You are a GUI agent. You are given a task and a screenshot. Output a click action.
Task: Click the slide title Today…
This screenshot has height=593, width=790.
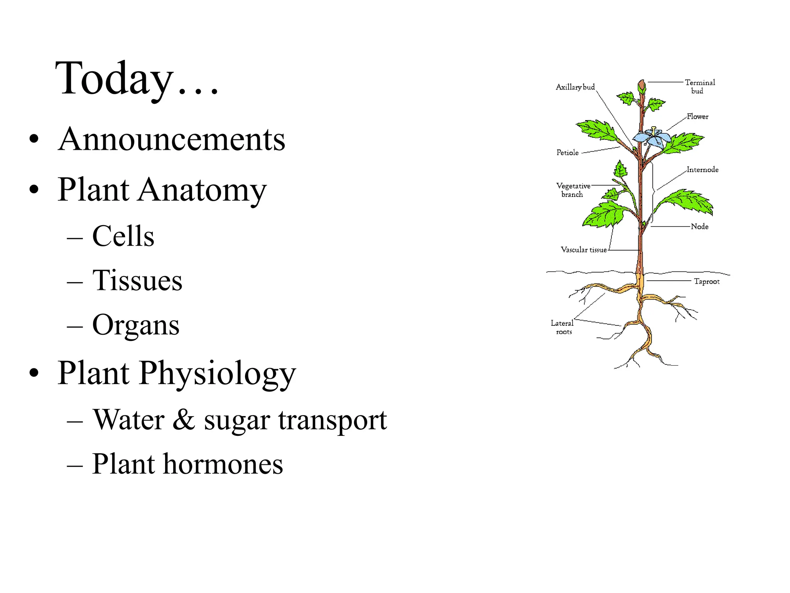tap(137, 80)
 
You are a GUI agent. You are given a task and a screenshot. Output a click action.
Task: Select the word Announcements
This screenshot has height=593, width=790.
tap(172, 139)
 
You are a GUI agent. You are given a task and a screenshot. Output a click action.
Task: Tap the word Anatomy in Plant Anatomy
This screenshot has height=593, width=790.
tap(202, 190)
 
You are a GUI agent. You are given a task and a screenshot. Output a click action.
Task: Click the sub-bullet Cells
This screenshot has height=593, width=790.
tap(123, 236)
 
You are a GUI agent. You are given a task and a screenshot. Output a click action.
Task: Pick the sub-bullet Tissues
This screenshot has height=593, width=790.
tap(137, 280)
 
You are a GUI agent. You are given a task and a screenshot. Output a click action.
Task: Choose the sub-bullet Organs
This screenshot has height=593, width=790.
tap(136, 325)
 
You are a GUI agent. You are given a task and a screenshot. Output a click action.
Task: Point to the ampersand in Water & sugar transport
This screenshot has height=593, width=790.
tap(184, 420)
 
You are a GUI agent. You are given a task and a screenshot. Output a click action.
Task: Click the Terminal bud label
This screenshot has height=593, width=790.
tap(699, 86)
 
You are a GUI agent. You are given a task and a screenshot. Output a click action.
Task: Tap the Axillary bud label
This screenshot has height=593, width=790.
tap(575, 87)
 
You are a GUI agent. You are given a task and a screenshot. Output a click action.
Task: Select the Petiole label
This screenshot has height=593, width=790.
tap(567, 153)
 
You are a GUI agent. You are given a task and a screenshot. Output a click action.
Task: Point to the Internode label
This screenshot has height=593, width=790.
tap(702, 170)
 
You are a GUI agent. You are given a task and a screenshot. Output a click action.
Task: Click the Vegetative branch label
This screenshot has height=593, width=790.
tap(573, 190)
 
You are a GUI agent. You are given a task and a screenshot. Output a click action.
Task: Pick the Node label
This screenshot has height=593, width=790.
tap(699, 227)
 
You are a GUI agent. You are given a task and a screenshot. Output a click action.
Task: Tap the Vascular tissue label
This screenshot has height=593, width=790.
tap(583, 250)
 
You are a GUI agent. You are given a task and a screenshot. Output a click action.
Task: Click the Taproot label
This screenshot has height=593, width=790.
tap(706, 281)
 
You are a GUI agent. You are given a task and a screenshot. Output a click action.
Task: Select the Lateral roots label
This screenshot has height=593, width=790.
tap(562, 327)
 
